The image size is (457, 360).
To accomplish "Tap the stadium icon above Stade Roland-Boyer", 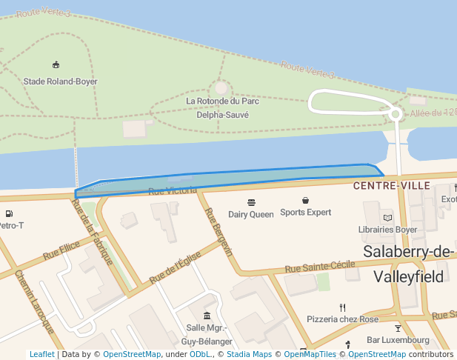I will coord(56,65).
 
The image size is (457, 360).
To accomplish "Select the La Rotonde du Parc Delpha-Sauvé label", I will coord(222,108).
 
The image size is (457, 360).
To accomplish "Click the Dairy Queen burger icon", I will coord(251,201).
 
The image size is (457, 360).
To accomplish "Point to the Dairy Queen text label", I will coord(250,215).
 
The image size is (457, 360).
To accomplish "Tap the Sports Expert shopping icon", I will coord(305,201).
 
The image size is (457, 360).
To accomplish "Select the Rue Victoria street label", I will coord(173,191).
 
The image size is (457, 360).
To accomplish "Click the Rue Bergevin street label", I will coord(219,233).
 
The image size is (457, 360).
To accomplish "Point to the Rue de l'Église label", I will coord(176,266).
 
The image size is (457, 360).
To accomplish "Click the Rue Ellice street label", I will coord(61,250).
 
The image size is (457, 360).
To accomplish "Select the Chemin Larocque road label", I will coord(35,301).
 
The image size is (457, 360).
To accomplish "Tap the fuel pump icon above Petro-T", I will coord(9,214).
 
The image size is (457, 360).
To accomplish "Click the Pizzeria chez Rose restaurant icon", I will coord(342,307).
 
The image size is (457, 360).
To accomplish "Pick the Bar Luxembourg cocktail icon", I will coord(398,327).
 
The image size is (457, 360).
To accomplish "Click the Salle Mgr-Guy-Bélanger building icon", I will coord(207,316).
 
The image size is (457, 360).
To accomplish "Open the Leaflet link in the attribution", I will coord(41,355).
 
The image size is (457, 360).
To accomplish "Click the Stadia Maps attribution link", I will coord(249,355).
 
